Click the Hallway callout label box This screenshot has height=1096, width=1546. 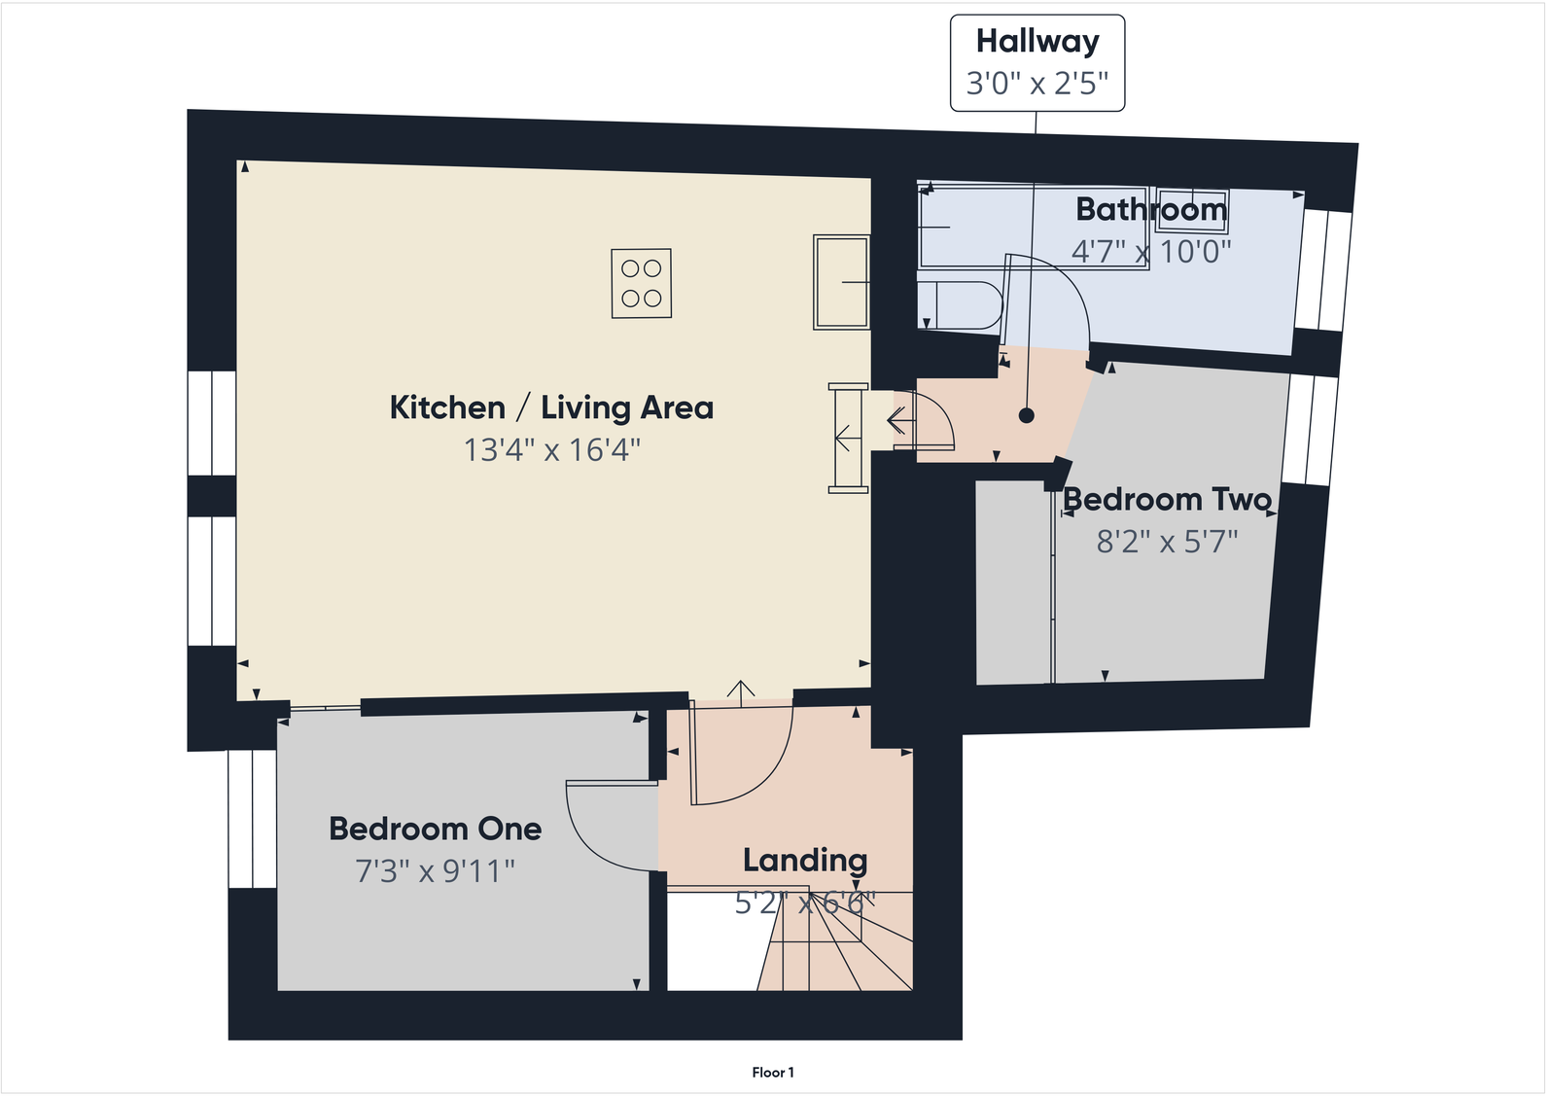(1037, 62)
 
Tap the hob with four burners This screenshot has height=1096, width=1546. (641, 283)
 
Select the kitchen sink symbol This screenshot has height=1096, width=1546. (841, 282)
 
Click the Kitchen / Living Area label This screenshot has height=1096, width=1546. (551, 407)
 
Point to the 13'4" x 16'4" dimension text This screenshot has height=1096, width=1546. (551, 450)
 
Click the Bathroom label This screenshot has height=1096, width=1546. (1150, 209)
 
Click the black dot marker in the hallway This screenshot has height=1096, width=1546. (1026, 415)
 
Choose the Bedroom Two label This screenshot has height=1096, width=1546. (1167, 499)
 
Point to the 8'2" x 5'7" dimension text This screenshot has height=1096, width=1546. (1167, 542)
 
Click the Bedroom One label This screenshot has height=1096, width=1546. (435, 829)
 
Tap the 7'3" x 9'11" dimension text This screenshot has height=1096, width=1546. (435, 871)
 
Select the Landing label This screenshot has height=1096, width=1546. (805, 860)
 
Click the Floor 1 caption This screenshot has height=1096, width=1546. (773, 1073)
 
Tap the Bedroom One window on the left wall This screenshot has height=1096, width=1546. (252, 818)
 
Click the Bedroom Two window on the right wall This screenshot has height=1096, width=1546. (1310, 430)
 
